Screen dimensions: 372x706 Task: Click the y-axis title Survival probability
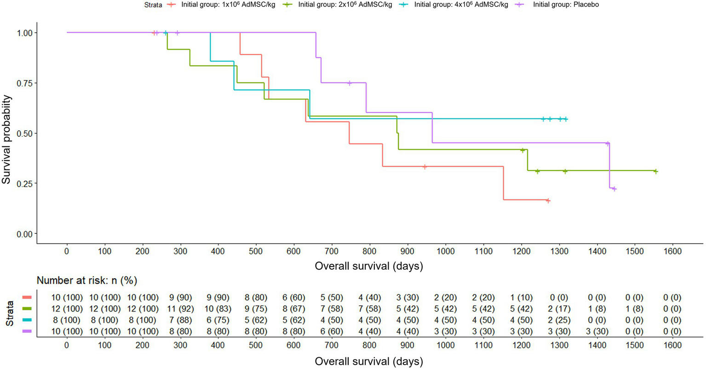6,139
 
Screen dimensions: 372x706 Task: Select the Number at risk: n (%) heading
87,280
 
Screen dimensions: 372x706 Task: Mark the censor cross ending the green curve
656,171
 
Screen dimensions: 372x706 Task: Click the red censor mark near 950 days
425,167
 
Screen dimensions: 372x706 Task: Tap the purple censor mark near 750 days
350,83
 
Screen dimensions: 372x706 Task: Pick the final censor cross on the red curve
548,201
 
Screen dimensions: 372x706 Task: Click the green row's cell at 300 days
180,309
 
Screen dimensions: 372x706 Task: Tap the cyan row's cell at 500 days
256,320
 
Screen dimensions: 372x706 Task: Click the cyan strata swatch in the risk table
27,320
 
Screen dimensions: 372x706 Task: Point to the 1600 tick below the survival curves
672,251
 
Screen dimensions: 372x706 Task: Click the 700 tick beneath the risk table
332,345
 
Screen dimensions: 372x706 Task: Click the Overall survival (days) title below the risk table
369,361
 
